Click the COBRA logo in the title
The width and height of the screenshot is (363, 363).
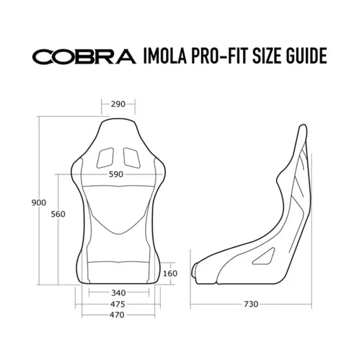84,57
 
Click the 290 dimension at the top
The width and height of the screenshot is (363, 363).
118,104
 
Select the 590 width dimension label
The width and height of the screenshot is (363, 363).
116,175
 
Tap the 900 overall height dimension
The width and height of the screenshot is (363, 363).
39,203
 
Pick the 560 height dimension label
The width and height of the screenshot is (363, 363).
58,214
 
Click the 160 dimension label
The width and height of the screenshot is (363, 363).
170,273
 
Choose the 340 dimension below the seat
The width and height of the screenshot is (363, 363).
118,293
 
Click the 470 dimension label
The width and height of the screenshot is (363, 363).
117,315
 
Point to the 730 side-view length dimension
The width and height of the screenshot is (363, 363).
251,304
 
